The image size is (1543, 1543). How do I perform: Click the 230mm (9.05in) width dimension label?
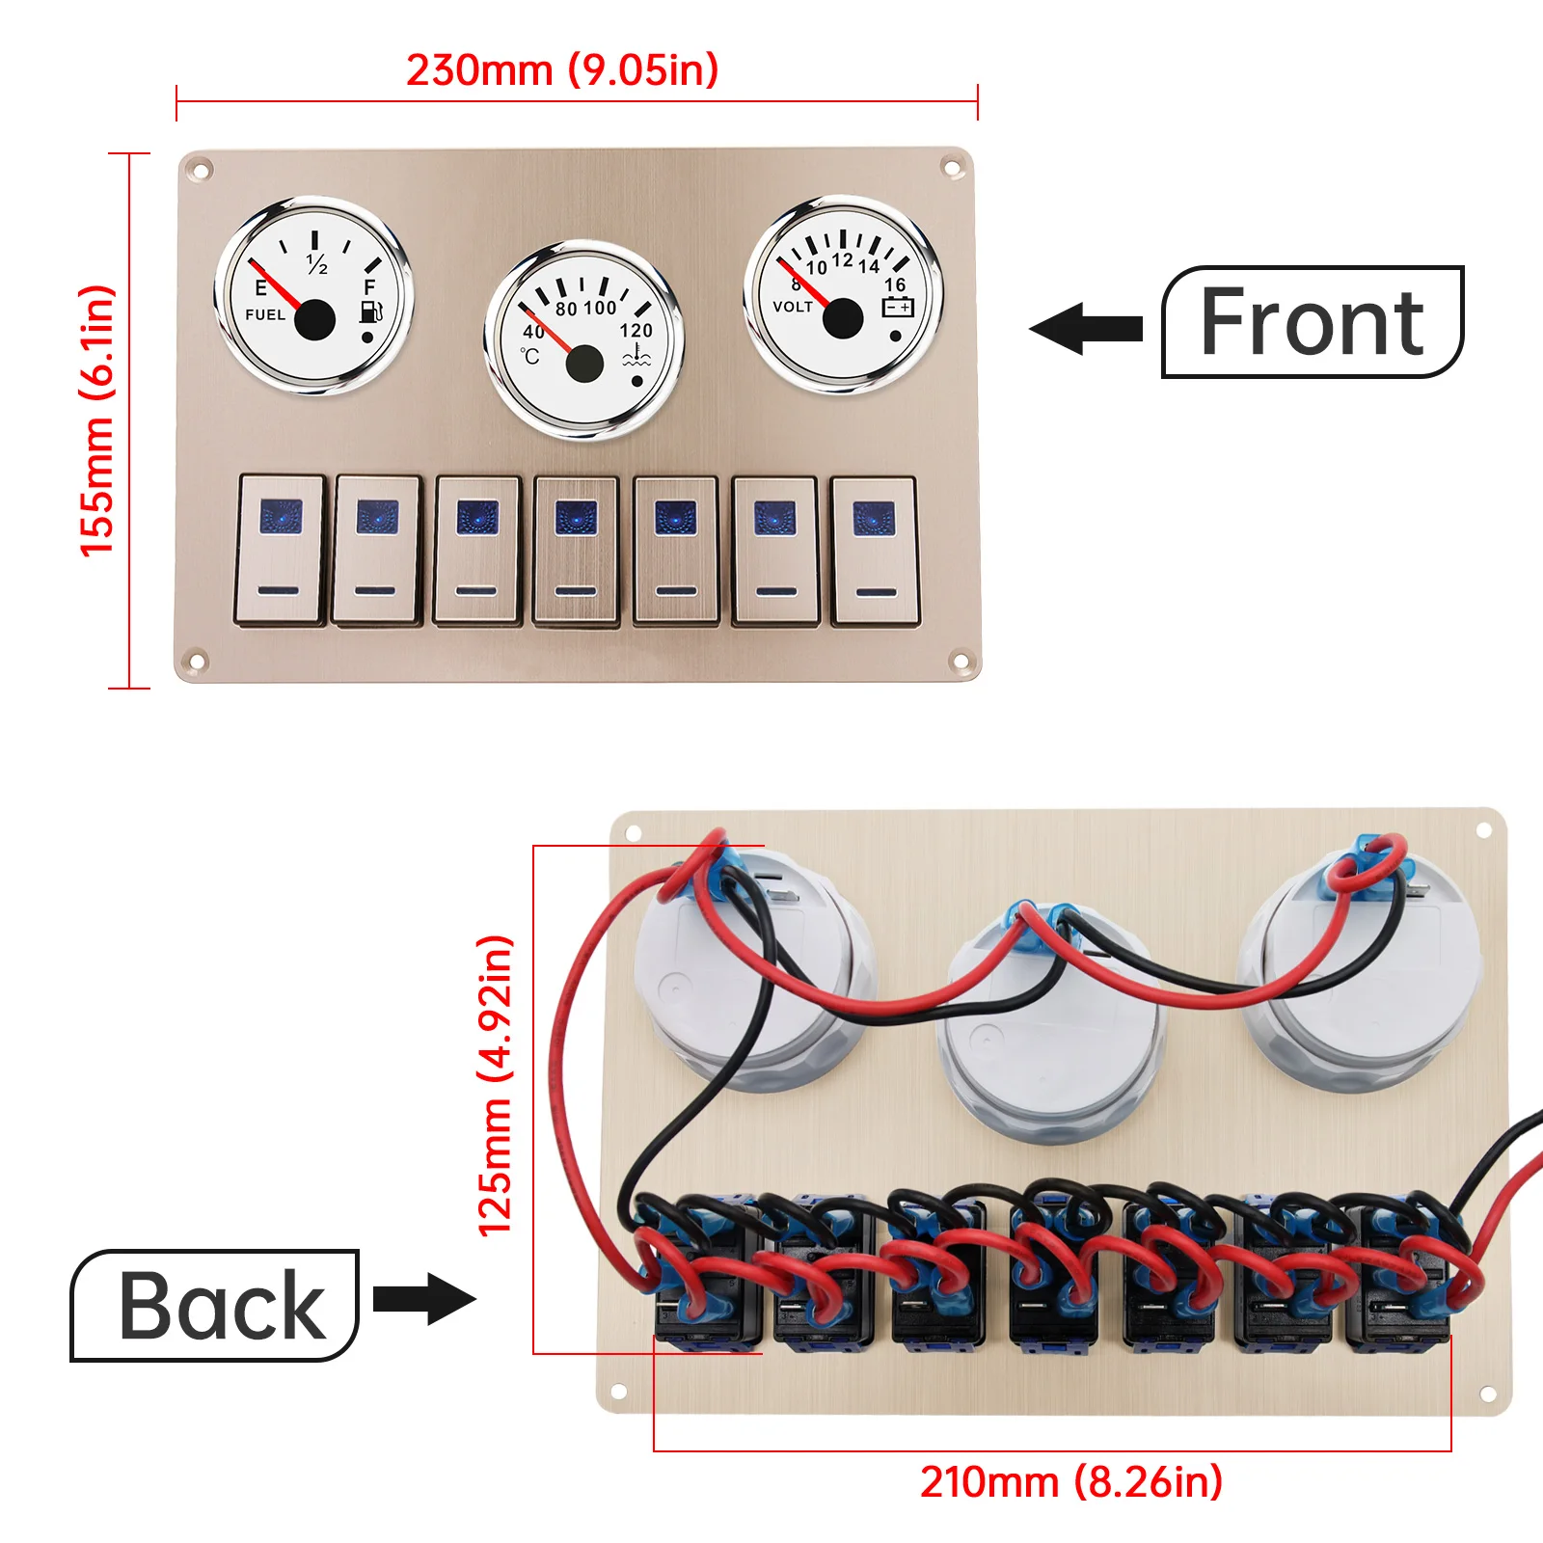562,70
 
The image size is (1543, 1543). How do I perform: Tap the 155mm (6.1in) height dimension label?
97,420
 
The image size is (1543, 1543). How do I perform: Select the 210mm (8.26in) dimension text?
1070,1481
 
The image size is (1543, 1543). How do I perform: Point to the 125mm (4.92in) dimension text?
496,1085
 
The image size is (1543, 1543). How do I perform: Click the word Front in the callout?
1312,322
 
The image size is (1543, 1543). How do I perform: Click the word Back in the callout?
222,1306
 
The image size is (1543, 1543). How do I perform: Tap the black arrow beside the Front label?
1086,328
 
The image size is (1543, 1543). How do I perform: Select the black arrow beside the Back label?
424,1298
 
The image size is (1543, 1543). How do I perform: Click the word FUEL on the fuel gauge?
265,314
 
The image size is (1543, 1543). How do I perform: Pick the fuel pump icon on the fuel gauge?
371,311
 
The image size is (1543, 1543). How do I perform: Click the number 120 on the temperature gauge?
636,330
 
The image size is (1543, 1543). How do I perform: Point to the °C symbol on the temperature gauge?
530,357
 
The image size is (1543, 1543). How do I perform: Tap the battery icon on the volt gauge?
898,307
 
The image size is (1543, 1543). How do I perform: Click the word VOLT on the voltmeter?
793,307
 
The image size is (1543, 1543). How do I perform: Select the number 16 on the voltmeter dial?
895,284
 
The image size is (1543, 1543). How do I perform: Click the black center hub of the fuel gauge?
314,320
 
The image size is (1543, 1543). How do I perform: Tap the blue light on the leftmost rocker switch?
281,517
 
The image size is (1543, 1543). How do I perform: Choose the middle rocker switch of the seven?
576,551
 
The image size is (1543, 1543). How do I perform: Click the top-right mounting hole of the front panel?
951,169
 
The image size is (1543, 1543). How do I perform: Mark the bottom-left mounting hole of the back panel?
618,1392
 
